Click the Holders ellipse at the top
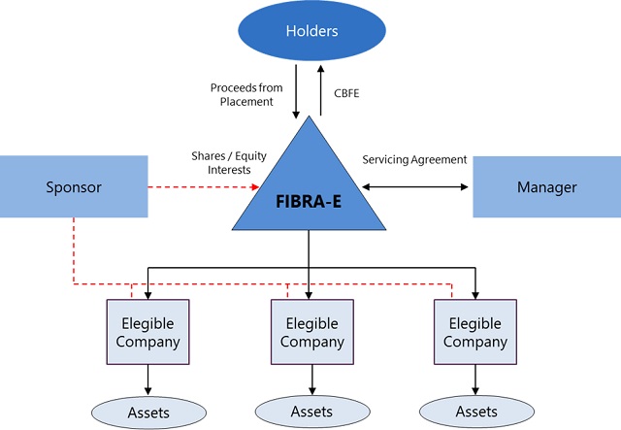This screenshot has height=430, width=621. (310, 31)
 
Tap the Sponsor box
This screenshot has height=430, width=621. (73, 186)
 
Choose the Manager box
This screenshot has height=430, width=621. (546, 186)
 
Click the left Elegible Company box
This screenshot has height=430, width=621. (147, 330)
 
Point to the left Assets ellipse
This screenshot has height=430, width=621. (147, 412)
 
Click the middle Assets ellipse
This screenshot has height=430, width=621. (311, 412)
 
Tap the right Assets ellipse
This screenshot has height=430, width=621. (475, 412)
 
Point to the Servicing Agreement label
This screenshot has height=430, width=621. (414, 159)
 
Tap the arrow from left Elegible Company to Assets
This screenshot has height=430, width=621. (147, 379)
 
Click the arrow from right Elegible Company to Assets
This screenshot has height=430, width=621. (475, 379)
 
